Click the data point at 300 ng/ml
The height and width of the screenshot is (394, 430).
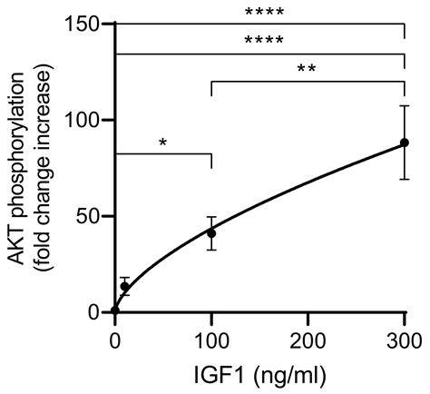[x=405, y=143]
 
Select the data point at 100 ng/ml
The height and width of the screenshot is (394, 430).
[x=211, y=233]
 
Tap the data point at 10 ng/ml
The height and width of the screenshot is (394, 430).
[x=125, y=286]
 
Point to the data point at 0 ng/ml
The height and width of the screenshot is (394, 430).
[x=115, y=311]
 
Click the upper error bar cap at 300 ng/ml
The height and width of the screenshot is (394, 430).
[x=405, y=106]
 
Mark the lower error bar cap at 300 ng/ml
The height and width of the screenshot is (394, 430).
[x=405, y=179]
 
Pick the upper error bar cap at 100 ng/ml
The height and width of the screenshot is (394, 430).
[x=211, y=218]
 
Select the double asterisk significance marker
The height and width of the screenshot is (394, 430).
[x=308, y=70]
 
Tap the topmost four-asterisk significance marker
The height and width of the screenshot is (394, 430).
[x=259, y=13]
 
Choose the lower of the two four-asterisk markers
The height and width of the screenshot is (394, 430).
[x=259, y=42]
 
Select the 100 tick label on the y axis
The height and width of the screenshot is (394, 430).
[x=83, y=119]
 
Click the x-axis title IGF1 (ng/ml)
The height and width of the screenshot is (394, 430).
[x=259, y=375]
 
